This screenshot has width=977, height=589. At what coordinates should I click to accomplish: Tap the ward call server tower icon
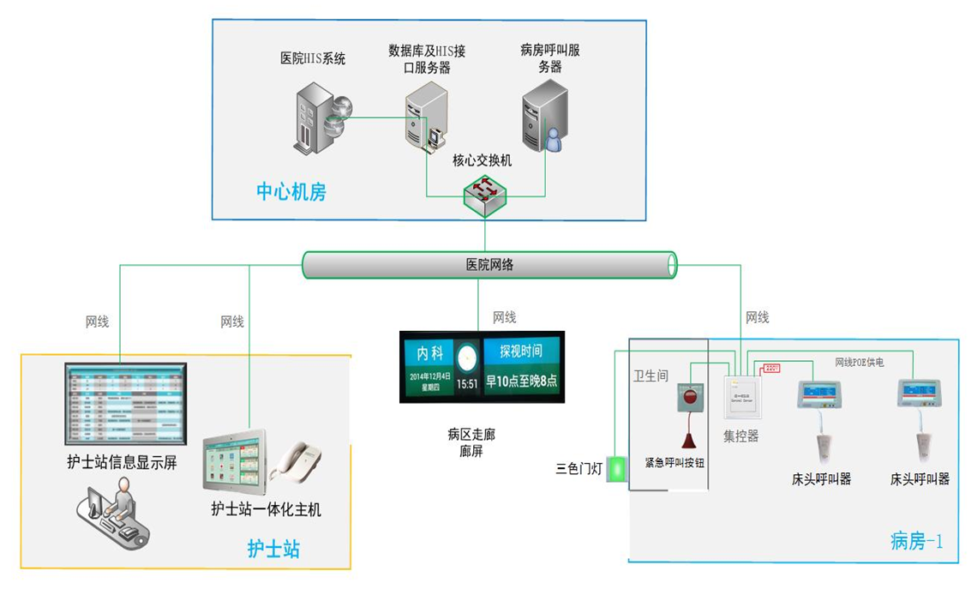542,117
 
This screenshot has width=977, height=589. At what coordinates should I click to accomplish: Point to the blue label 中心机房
291,191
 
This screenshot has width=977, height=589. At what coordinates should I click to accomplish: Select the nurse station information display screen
127,403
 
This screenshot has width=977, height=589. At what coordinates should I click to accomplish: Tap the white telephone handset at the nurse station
296,461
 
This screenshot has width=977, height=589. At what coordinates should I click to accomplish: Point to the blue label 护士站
273,549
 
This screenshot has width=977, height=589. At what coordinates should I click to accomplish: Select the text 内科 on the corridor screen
430,353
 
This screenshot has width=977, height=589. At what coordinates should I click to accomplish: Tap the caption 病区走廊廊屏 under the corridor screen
471,442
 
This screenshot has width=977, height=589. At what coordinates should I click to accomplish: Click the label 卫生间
650,376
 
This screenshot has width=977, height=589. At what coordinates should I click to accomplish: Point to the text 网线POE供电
860,363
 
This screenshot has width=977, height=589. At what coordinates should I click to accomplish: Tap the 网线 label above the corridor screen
504,317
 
